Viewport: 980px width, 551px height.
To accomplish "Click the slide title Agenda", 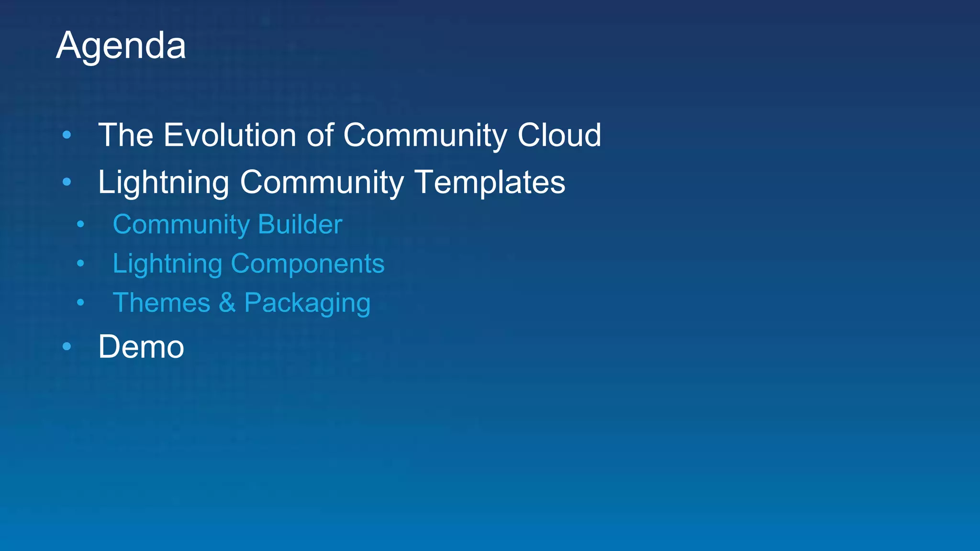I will [121, 46].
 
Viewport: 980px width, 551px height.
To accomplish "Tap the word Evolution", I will [230, 135].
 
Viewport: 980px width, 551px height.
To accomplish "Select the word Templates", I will [490, 182].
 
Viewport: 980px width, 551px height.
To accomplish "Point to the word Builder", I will [300, 224].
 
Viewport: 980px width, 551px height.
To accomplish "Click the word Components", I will [308, 264].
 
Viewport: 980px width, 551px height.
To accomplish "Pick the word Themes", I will [161, 303].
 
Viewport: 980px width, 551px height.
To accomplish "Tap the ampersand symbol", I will [227, 303].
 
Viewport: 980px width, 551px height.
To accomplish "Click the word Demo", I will [141, 347].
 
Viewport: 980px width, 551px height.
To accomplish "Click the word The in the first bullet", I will [126, 135].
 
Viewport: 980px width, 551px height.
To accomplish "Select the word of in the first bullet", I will [320, 135].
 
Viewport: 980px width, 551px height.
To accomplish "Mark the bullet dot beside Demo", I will [67, 346].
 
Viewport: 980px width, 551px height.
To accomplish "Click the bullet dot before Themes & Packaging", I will [80, 302].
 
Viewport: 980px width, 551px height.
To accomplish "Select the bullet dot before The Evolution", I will [67, 135].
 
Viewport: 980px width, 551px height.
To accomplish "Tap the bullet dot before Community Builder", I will [80, 224].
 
